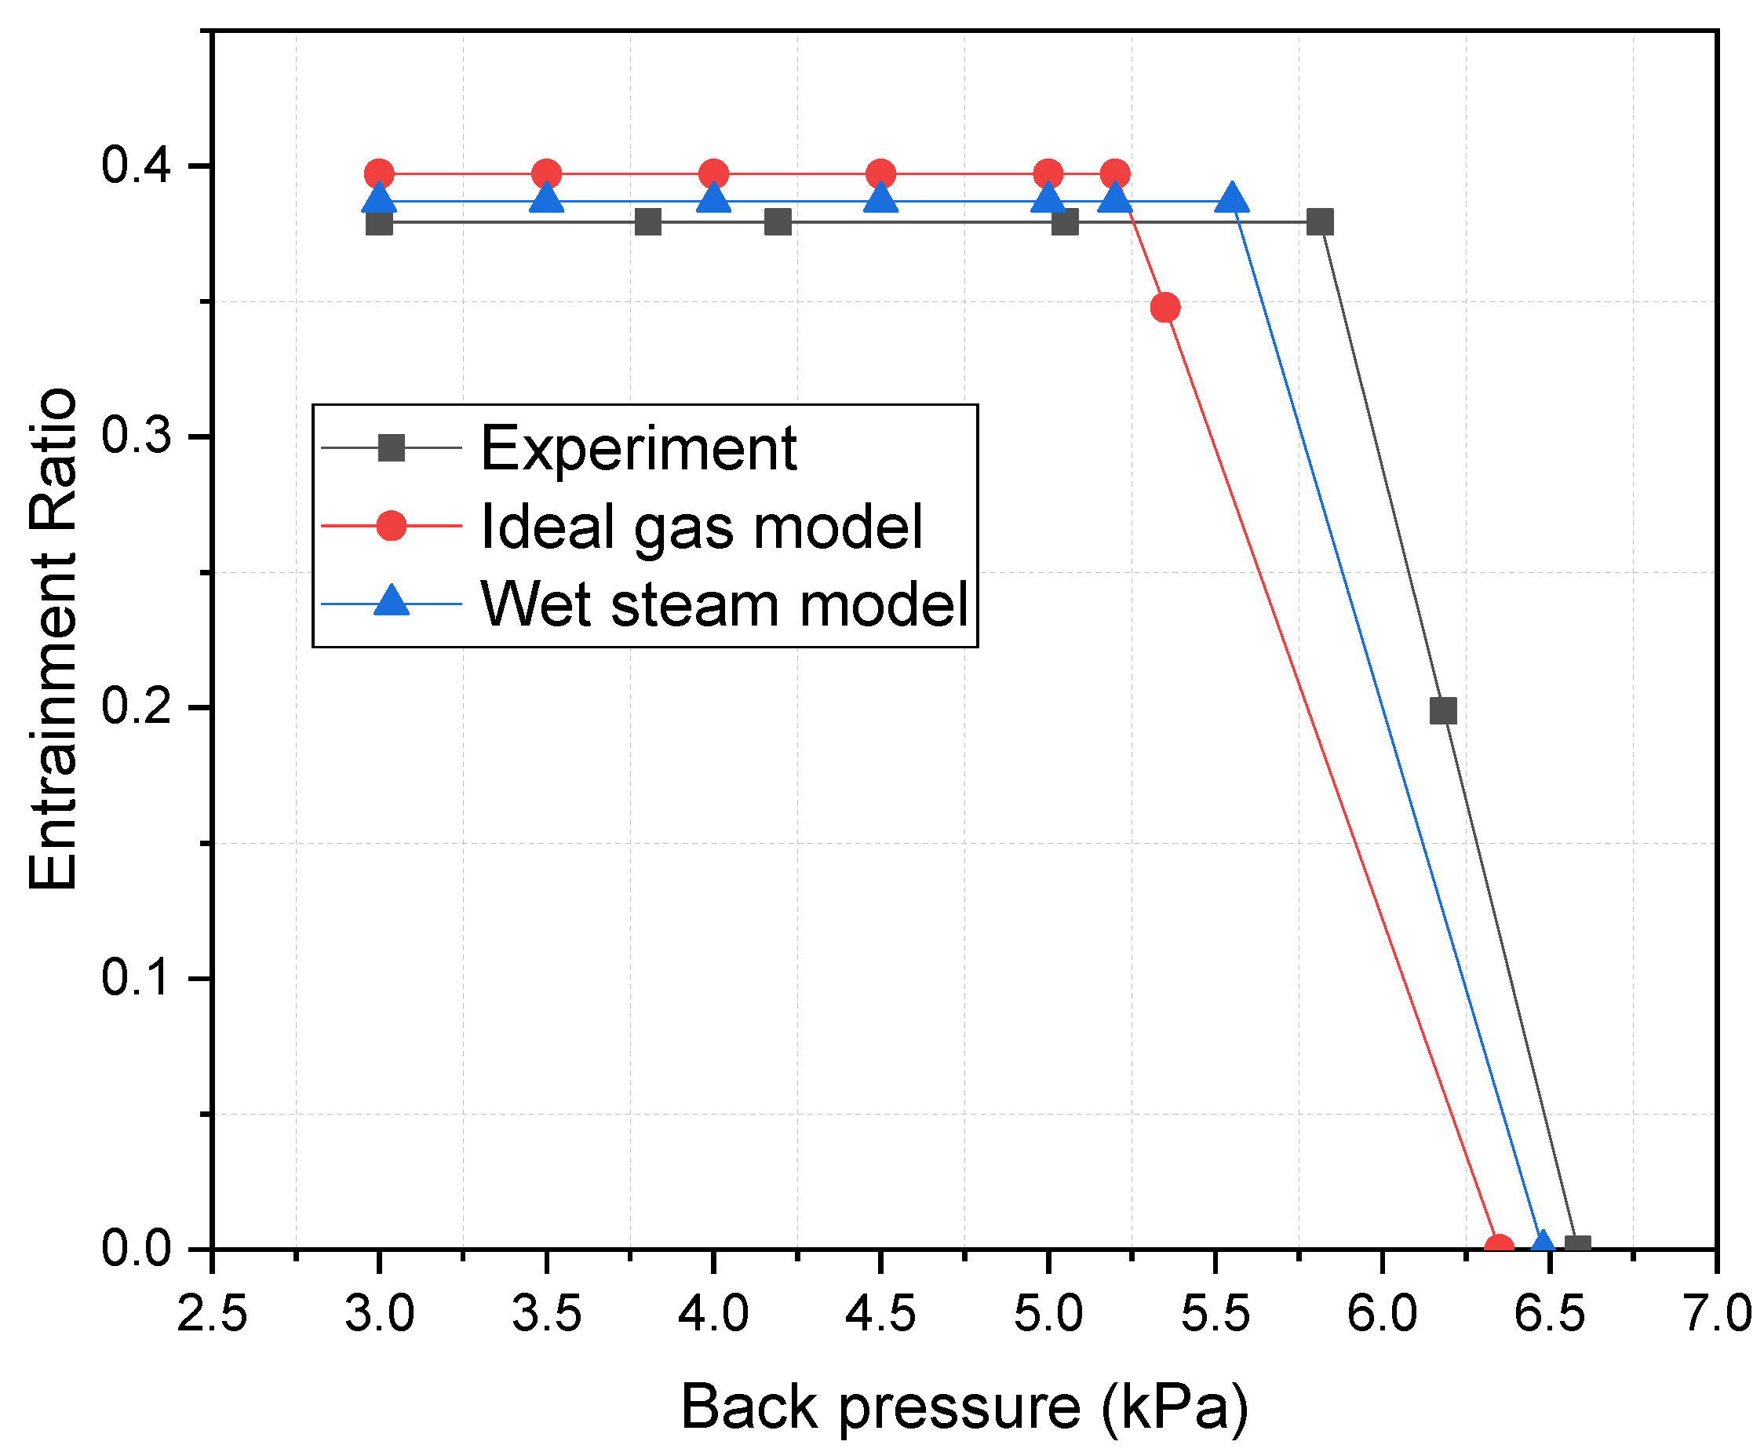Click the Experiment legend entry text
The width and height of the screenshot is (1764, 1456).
coord(637,449)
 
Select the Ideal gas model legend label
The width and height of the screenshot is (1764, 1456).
coord(701,527)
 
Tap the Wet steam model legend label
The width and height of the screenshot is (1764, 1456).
coord(724,604)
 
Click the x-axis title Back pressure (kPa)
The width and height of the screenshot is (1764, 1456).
coord(964,1407)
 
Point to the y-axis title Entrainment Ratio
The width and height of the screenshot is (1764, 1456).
coord(52,639)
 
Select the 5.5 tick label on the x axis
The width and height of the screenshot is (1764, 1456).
coord(1215,1313)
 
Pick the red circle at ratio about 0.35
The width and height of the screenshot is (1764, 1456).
coord(1165,308)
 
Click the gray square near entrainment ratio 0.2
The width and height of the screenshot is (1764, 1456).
coord(1443,711)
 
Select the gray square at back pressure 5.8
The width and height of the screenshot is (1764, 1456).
coord(1321,222)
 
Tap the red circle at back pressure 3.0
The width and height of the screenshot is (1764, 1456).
coord(379,174)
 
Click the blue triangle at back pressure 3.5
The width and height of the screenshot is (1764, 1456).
coord(547,199)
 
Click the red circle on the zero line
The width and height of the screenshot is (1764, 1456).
coord(1499,1247)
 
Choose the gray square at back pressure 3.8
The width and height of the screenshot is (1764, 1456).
coord(648,222)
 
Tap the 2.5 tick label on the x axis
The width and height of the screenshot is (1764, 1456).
coord(212,1313)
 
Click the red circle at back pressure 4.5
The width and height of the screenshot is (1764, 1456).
coord(880,174)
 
